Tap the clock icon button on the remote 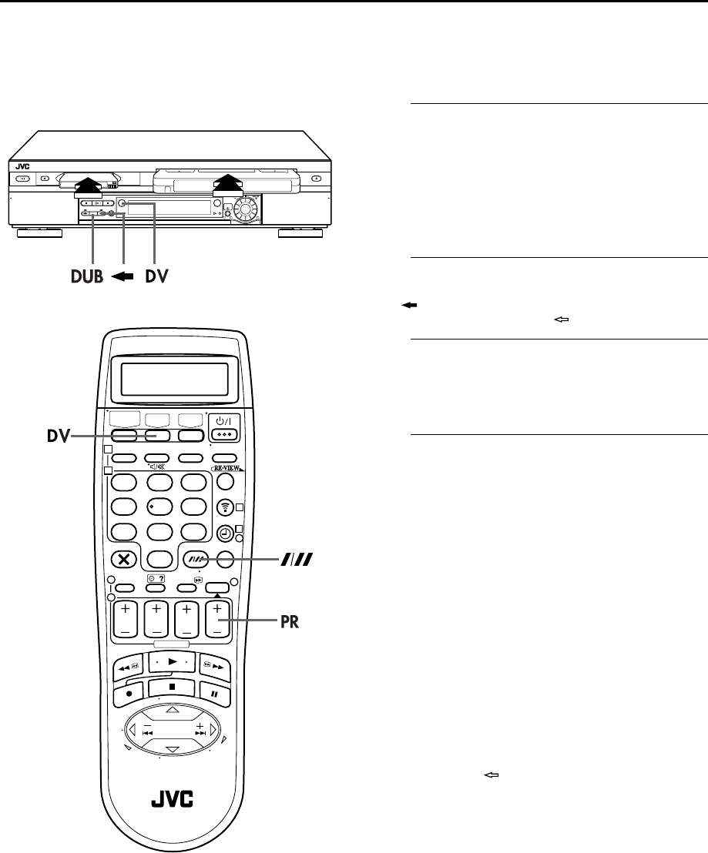click(225, 531)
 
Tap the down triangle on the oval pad click(173, 750)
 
